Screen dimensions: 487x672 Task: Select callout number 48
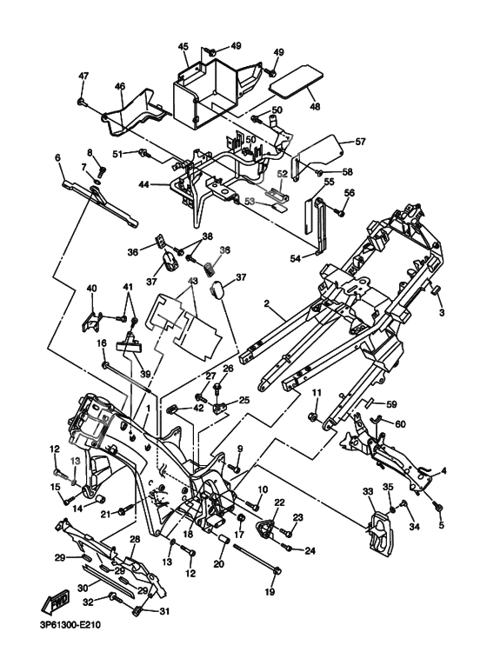315,106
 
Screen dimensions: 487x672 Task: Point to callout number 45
183,47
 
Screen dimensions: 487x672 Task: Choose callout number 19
270,592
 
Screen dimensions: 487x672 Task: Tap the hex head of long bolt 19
277,570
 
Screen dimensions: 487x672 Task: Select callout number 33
369,491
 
